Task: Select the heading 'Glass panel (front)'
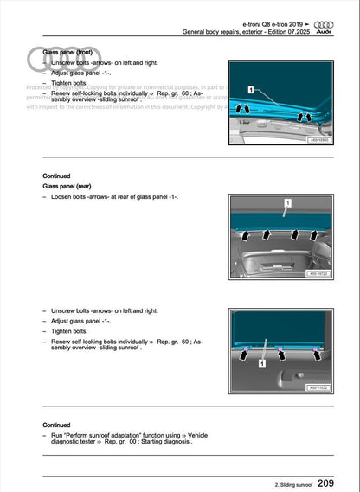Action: point(68,52)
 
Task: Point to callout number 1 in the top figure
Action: point(250,89)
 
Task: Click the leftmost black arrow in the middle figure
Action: point(247,235)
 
